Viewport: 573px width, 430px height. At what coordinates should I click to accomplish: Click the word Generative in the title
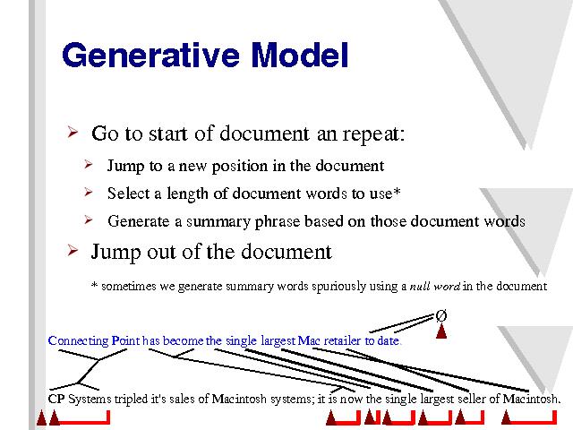[150, 55]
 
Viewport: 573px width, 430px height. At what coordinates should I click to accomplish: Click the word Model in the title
[300, 55]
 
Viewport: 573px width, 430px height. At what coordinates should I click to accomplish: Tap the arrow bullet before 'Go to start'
[73, 132]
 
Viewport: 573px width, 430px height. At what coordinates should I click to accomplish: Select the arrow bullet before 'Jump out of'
[73, 251]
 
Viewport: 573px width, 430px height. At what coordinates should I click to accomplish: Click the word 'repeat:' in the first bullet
[373, 133]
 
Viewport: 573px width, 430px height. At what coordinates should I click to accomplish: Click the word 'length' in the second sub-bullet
[187, 193]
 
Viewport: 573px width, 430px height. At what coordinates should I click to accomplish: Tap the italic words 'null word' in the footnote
[434, 286]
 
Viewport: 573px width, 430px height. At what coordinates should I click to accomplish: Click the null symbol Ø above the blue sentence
[441, 315]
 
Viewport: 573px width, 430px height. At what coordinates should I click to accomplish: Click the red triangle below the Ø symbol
[441, 331]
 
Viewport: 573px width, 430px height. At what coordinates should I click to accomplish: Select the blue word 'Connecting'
[78, 341]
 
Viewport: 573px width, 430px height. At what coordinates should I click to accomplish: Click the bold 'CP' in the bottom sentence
[56, 399]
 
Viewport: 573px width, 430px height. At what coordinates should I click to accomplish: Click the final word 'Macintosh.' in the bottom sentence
[531, 399]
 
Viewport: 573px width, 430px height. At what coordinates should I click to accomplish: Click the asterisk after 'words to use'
[397, 191]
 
